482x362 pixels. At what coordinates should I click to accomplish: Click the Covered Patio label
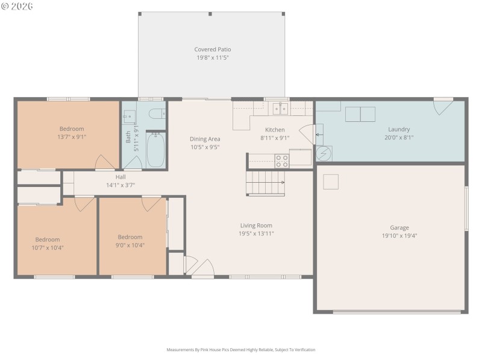pyautogui.click(x=212, y=49)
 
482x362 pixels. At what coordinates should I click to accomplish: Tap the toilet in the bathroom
pyautogui.click(x=157, y=114)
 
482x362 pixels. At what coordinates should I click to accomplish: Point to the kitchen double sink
pyautogui.click(x=280, y=109)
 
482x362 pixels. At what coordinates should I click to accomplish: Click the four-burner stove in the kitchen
pyautogui.click(x=281, y=160)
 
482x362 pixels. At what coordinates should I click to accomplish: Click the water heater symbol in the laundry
pyautogui.click(x=324, y=154)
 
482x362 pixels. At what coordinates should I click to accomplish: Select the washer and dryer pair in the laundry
pyautogui.click(x=360, y=114)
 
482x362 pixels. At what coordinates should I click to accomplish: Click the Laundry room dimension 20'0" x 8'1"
pyautogui.click(x=399, y=137)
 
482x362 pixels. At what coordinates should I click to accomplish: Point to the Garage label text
pyautogui.click(x=399, y=227)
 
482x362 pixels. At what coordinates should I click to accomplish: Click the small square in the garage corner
pyautogui.click(x=331, y=182)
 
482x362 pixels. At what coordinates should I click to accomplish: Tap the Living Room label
pyautogui.click(x=256, y=225)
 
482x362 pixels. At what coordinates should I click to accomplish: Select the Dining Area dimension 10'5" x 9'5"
pyautogui.click(x=205, y=147)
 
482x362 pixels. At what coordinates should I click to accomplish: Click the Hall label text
pyautogui.click(x=120, y=177)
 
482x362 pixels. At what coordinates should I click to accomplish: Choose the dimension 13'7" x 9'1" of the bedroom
pyautogui.click(x=71, y=136)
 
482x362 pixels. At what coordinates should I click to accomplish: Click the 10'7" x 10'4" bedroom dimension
pyautogui.click(x=47, y=247)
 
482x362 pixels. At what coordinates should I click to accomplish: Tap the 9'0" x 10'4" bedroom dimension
pyautogui.click(x=130, y=245)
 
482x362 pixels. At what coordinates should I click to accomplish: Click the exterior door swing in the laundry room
pyautogui.click(x=443, y=106)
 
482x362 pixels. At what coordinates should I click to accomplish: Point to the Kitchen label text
pyautogui.click(x=275, y=130)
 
